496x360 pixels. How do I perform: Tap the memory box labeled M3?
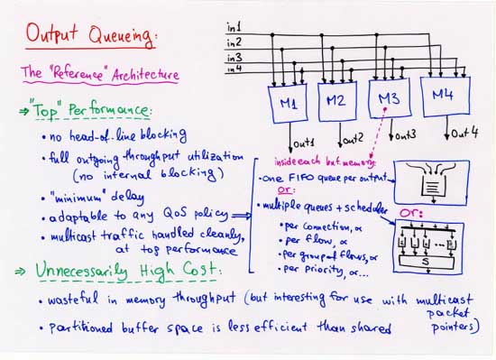point(389,101)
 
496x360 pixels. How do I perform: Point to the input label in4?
point(234,68)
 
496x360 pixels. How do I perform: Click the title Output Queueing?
point(90,36)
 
